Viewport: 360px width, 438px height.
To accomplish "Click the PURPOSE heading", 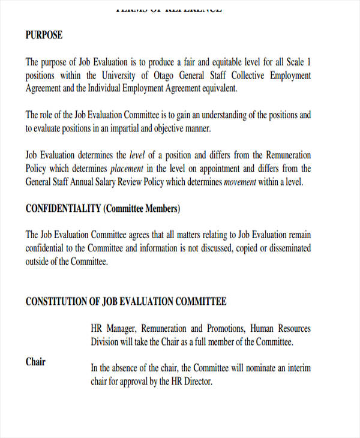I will (x=44, y=35).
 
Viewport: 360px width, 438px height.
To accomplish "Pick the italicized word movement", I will (x=241, y=182).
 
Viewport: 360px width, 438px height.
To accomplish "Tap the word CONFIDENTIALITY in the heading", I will (x=63, y=209).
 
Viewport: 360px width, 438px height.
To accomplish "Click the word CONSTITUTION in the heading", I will (x=56, y=301).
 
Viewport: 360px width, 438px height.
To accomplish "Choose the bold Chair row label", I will (x=35, y=362).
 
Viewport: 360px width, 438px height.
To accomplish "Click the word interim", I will (x=298, y=368).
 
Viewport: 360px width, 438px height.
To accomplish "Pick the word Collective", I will (x=240, y=76).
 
